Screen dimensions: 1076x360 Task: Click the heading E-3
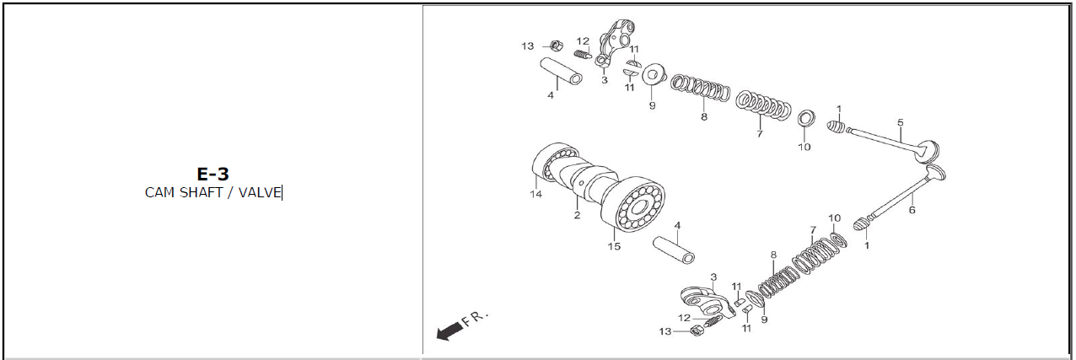pyautogui.click(x=213, y=174)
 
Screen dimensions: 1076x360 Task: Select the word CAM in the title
pyautogui.click(x=159, y=192)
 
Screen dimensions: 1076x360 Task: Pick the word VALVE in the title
pyautogui.click(x=260, y=192)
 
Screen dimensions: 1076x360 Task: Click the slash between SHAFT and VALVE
pyautogui.click(x=230, y=193)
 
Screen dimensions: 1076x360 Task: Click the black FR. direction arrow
pyautogui.click(x=450, y=331)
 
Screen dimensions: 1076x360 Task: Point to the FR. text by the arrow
pyautogui.click(x=475, y=318)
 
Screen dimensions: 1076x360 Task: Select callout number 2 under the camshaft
pyautogui.click(x=577, y=216)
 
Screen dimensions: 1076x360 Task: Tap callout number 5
pyautogui.click(x=901, y=122)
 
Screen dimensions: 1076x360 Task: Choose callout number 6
pyautogui.click(x=912, y=210)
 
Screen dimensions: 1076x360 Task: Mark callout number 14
pyautogui.click(x=536, y=194)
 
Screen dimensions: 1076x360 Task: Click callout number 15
pyautogui.click(x=614, y=246)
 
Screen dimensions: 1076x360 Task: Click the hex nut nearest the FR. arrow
pyautogui.click(x=696, y=330)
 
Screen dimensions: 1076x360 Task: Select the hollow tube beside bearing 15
pyautogui.click(x=674, y=250)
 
